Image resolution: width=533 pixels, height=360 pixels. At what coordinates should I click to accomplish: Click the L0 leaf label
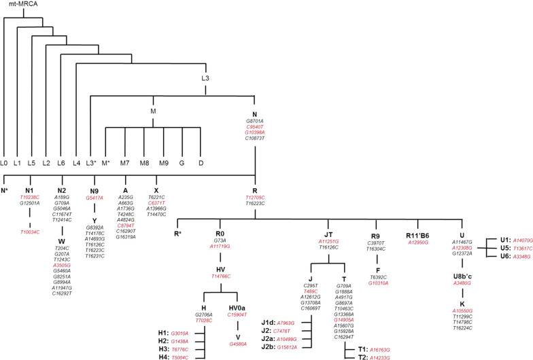5,163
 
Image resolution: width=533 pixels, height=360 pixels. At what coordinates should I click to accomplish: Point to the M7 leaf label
125,163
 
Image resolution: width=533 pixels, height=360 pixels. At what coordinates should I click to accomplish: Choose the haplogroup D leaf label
201,163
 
